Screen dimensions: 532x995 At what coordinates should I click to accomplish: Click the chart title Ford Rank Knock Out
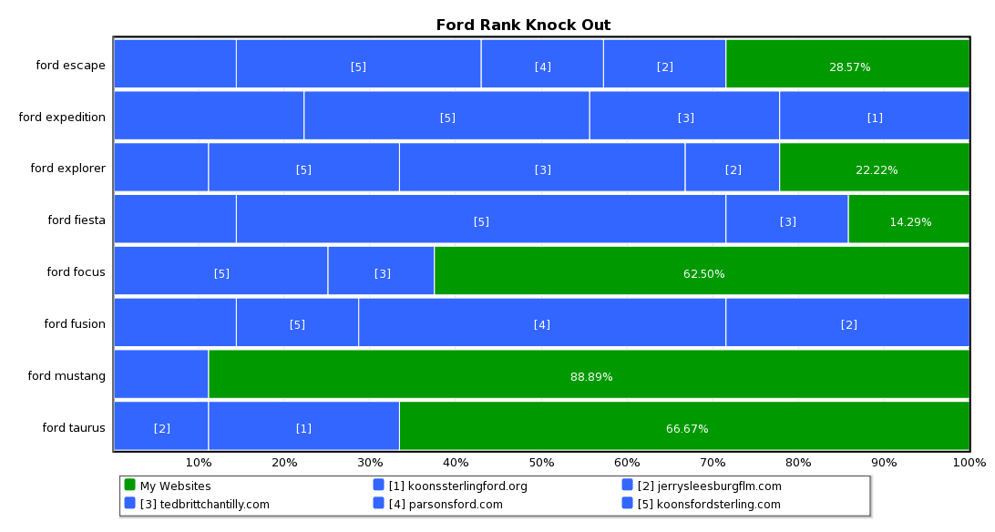click(x=523, y=25)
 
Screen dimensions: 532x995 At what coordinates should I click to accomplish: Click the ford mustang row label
click(x=67, y=375)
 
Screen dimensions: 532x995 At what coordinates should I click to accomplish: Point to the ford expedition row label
click(x=62, y=117)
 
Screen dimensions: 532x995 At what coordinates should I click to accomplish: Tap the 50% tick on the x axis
click(x=541, y=462)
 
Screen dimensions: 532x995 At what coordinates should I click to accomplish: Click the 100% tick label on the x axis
click(x=969, y=462)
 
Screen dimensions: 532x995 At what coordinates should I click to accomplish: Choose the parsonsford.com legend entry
click(x=446, y=504)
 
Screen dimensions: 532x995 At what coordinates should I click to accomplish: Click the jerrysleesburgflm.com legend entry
click(x=709, y=486)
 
